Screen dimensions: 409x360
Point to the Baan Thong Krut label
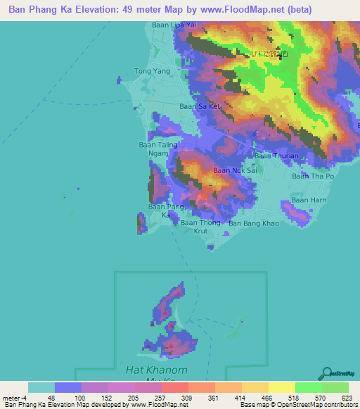[200, 226]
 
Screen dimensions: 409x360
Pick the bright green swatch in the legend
[308, 387]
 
